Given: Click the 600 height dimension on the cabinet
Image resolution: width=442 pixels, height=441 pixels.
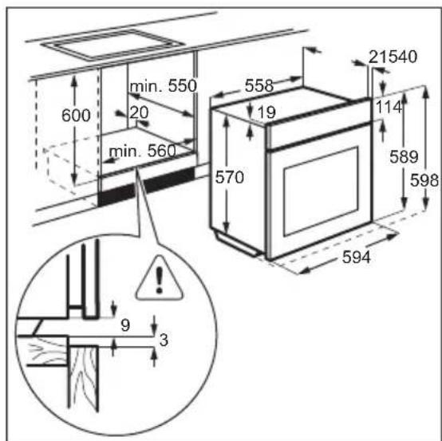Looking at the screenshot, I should point(77,115).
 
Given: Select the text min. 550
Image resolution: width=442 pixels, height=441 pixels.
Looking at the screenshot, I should point(164,85).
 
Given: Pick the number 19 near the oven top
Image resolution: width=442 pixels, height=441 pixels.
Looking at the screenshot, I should point(266,112).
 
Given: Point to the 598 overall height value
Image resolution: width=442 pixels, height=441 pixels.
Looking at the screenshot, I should point(424,181).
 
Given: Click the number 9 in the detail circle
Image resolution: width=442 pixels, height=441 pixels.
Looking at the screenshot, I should point(124,325).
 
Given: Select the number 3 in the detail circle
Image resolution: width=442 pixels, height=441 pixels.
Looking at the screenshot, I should point(164,341).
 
